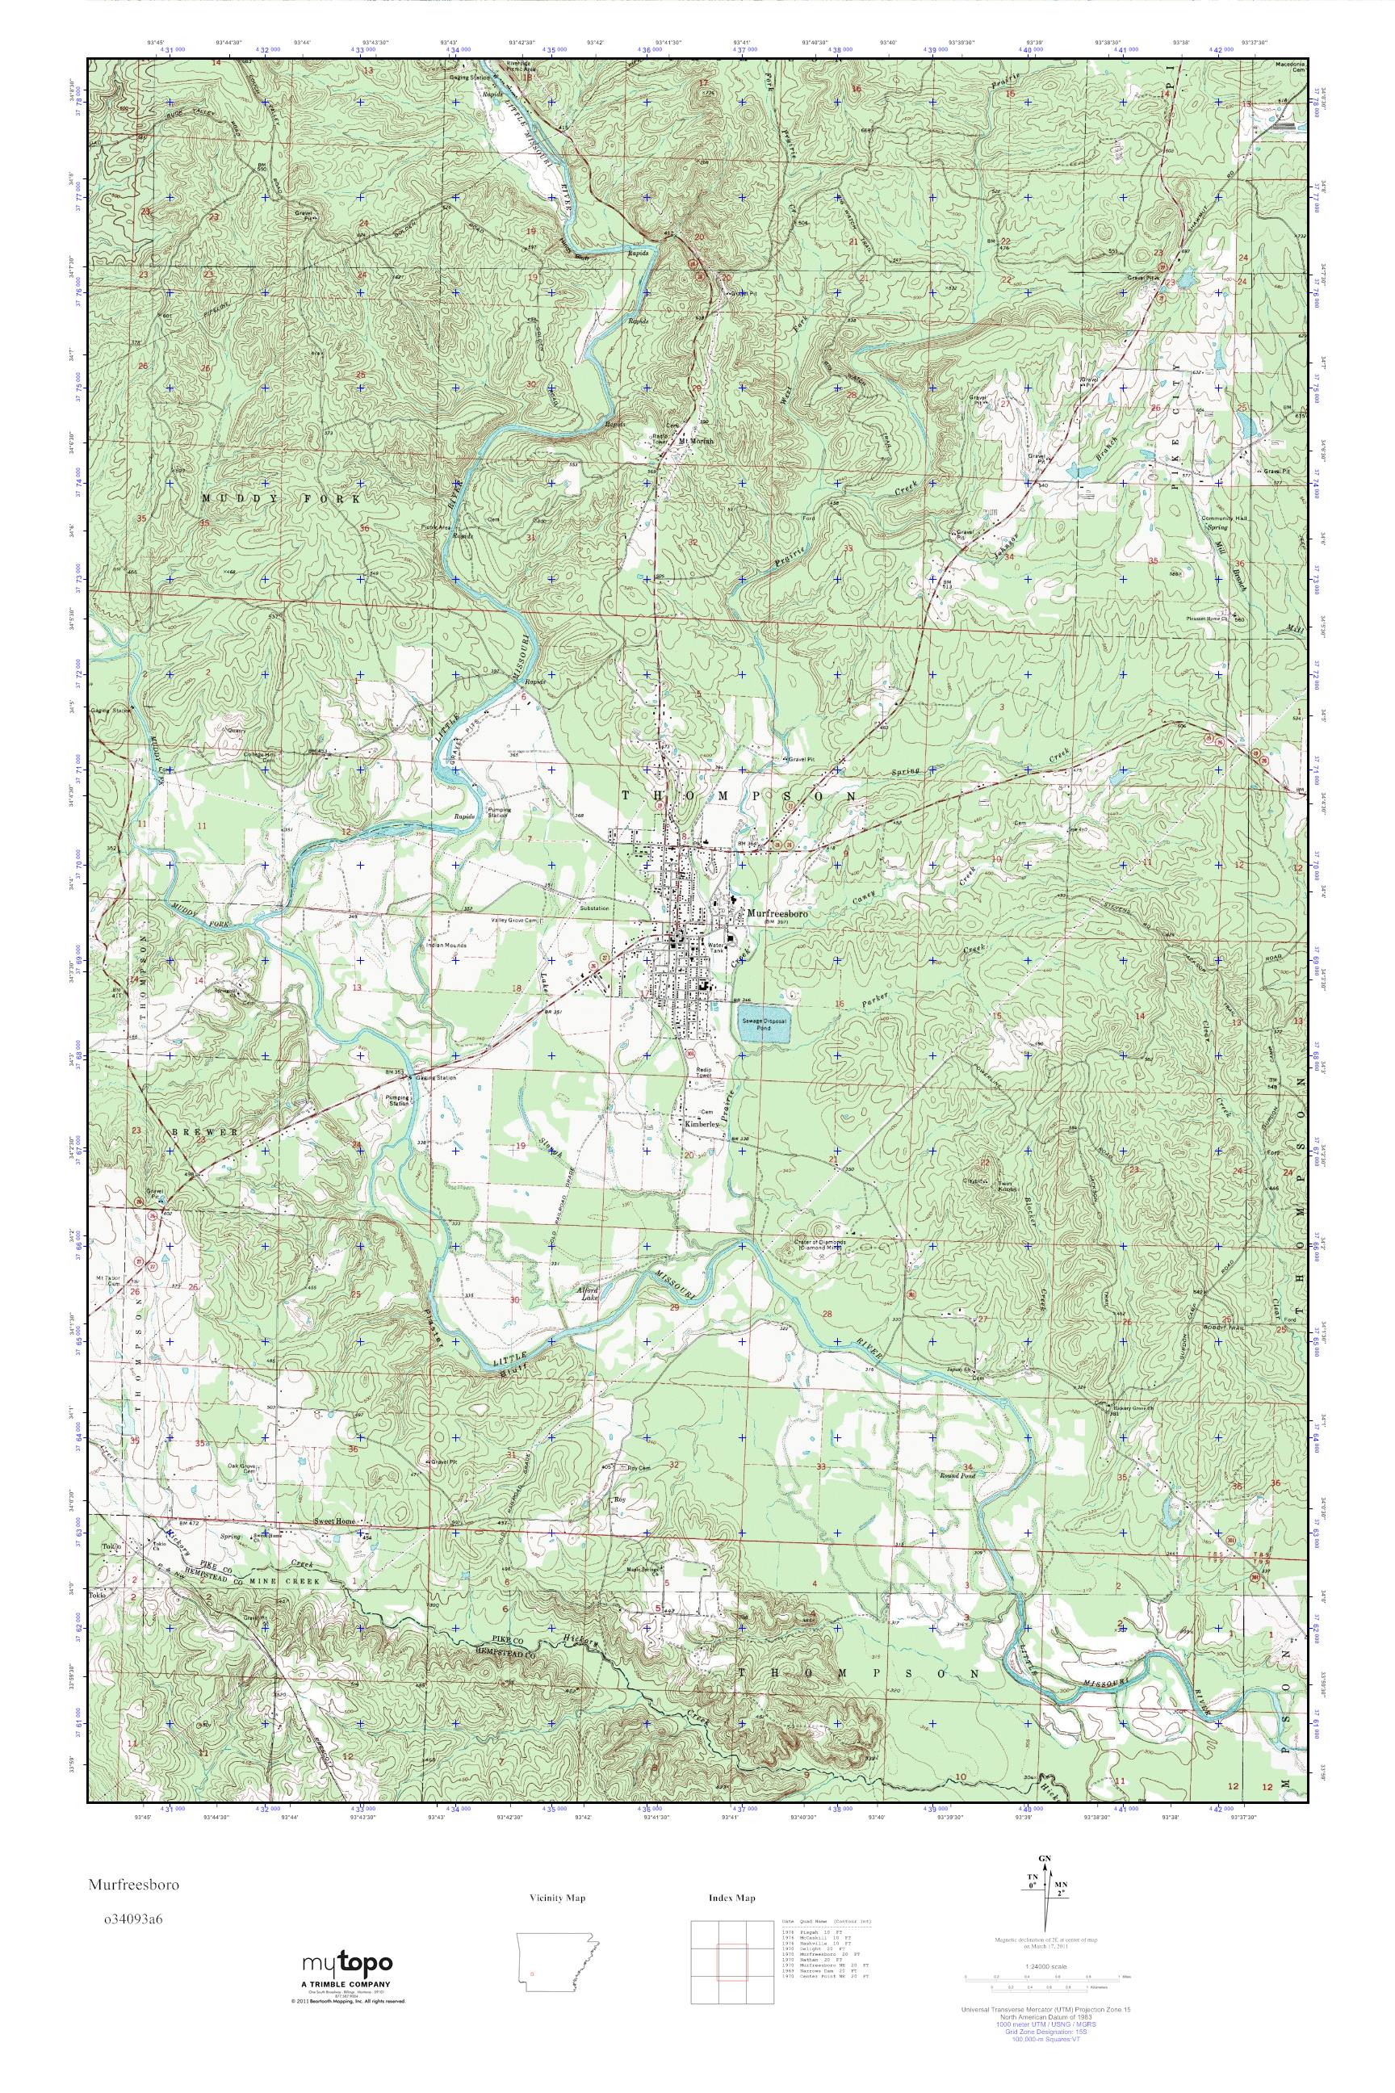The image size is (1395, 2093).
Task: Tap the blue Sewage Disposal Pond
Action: point(761,1026)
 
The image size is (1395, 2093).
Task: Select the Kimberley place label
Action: point(701,1124)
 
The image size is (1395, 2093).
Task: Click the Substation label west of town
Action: point(593,908)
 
